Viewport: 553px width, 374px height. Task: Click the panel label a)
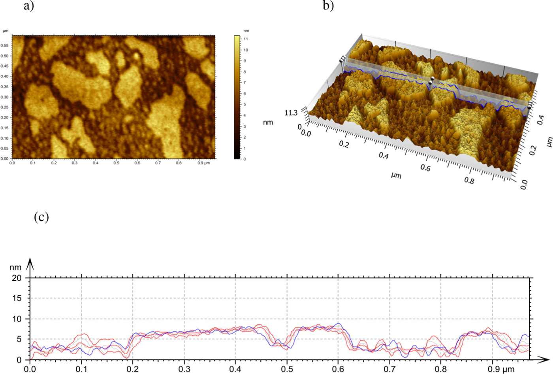tap(29, 6)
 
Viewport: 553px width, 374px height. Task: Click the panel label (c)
tap(41, 217)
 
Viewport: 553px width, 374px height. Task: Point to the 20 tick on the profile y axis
tap(17, 278)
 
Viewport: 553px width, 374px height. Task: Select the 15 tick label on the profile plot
tap(17, 298)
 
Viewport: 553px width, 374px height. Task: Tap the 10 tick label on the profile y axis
tap(17, 319)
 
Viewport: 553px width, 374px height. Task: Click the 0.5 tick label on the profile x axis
tap(287, 369)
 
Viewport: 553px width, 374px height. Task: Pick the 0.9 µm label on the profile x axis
tap(501, 369)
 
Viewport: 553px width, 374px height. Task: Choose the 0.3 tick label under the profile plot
tap(184, 369)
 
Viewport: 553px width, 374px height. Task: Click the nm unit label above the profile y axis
tap(15, 268)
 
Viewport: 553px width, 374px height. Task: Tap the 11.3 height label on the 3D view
tap(291, 113)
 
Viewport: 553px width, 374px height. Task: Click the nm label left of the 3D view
tap(268, 123)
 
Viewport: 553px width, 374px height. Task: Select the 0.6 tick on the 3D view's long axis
tap(425, 168)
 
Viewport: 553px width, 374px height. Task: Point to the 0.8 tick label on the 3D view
tap(469, 181)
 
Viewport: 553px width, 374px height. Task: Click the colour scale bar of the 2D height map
tap(237, 97)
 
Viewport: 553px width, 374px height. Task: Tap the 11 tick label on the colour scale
tap(246, 39)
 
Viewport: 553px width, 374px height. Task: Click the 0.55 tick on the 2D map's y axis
tap(4, 45)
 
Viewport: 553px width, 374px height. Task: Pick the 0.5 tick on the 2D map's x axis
tap(116, 163)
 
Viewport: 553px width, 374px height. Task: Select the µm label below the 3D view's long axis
tap(396, 175)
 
